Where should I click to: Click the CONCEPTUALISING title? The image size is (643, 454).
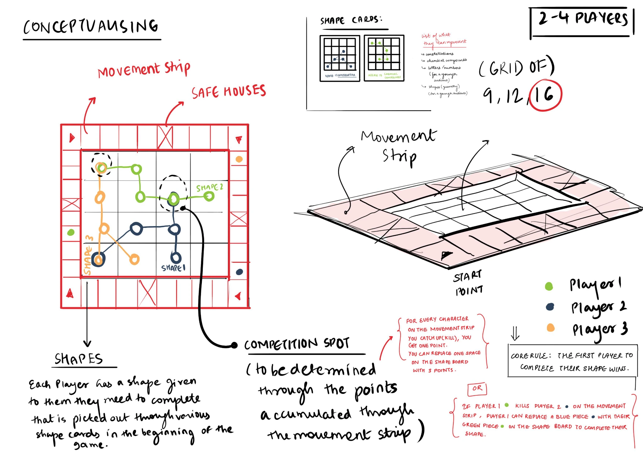pos(91,27)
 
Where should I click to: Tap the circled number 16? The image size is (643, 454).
pos(545,95)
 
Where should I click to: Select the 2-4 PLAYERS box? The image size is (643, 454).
pos(582,22)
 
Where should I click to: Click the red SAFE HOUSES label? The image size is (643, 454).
pos(229,91)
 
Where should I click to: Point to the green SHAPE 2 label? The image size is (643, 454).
pos(209,187)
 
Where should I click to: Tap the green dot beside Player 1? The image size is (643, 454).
pos(549,286)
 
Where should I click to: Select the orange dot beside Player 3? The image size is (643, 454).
pos(550,328)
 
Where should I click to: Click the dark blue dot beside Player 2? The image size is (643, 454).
pos(550,307)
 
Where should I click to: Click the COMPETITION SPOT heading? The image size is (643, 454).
pos(297,344)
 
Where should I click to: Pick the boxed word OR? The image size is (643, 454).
pos(477,388)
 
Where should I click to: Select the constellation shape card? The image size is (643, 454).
pos(340,58)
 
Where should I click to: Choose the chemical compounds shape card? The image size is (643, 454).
pos(384,58)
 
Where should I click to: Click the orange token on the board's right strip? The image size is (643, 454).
pos(239,159)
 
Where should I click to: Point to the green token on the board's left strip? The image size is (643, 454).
pos(71,232)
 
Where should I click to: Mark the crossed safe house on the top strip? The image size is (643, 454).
pos(165,137)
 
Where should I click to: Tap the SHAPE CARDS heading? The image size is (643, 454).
pos(351,20)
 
